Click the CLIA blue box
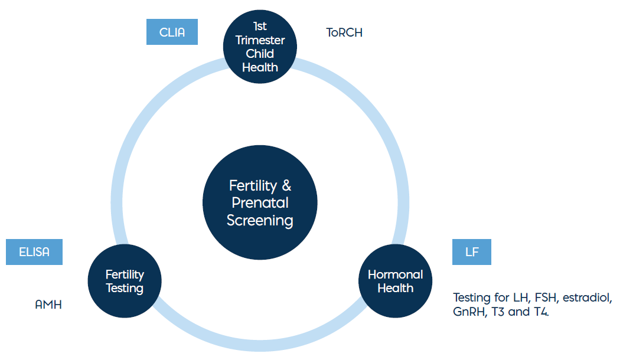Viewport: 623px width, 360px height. [x=172, y=32]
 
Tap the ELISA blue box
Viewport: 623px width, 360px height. [x=34, y=251]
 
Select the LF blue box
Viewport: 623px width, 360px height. [x=472, y=251]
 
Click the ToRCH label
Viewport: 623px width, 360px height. [x=344, y=32]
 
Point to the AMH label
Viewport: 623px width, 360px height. [x=48, y=305]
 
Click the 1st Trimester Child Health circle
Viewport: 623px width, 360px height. [x=260, y=47]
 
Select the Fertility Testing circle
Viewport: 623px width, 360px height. [x=125, y=281]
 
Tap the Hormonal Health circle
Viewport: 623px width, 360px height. [x=395, y=281]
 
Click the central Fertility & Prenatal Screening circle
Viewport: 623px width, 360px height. [x=260, y=202]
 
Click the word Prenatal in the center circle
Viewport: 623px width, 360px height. [x=260, y=203]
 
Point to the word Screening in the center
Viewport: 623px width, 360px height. [x=260, y=220]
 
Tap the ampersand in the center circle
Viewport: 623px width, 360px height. [x=286, y=185]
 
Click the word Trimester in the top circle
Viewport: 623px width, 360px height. [x=260, y=40]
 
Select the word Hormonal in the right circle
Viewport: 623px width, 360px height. [x=395, y=274]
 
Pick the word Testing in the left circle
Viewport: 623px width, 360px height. [x=125, y=288]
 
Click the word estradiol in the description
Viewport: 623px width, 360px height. [x=587, y=297]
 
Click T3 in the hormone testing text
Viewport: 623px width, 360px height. [x=498, y=312]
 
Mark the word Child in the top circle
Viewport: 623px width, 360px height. [x=260, y=54]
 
